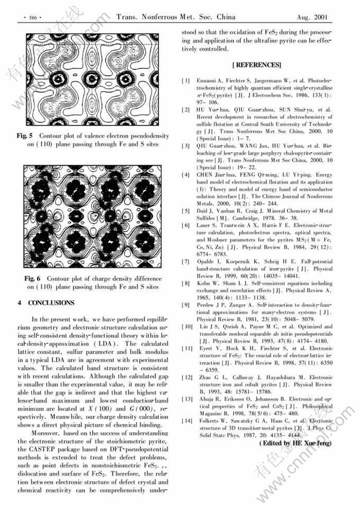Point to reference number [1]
(186, 80)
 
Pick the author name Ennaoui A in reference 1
(209, 80)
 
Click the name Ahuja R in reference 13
(208, 398)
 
